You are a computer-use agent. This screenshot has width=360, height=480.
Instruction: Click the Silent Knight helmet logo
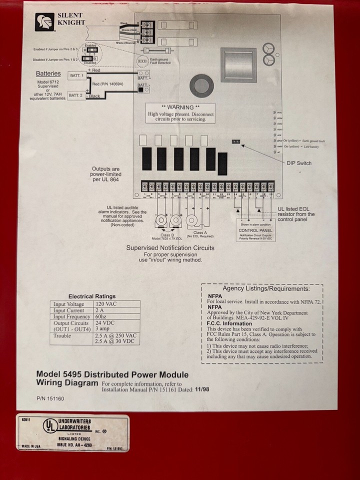point(44,22)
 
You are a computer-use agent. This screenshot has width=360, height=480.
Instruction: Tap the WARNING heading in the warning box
point(180,107)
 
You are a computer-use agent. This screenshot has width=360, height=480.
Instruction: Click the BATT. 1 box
point(76,75)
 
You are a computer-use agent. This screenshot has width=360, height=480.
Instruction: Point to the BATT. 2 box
point(76,95)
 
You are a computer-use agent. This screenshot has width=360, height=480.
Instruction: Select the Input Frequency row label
point(72,317)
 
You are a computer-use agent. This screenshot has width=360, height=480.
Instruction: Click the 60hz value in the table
point(101,317)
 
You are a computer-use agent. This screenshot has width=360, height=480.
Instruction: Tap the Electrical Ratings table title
point(92,296)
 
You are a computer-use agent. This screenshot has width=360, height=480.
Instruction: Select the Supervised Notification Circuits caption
point(170,247)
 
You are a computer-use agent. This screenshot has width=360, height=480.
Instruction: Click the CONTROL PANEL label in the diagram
point(255,230)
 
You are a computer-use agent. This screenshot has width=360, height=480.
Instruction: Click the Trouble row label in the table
point(62,336)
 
